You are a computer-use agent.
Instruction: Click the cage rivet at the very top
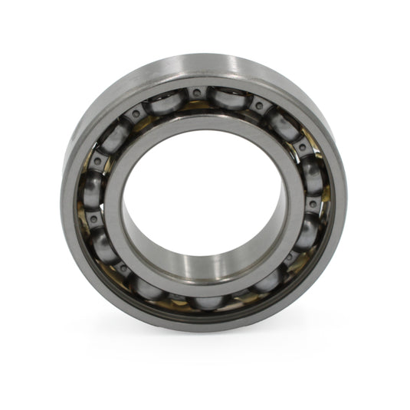coord(197,93)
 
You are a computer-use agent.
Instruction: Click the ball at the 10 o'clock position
coord(116,138)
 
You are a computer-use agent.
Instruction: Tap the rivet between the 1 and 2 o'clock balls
coord(259,106)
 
